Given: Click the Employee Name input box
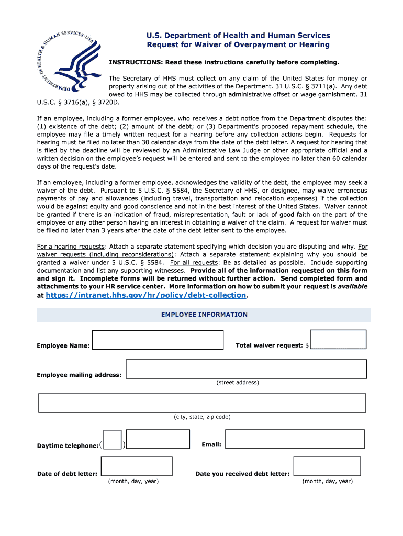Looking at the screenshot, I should (158, 340).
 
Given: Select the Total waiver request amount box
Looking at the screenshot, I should (338, 339).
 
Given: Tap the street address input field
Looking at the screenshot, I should (246, 368).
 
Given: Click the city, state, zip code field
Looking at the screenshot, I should (202, 403).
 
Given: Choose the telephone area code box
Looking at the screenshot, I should (113, 440).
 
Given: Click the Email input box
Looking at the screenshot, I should (295, 439).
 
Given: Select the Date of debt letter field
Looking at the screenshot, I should (137, 466).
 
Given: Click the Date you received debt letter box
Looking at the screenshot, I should (327, 466).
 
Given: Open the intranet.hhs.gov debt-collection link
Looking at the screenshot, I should (146, 295).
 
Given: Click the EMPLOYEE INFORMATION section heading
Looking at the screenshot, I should (204, 315).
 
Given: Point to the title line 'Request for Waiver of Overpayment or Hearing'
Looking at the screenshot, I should (238, 44).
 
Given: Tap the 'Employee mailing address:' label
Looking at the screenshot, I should (79, 375).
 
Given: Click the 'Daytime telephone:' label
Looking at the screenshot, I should (68, 445).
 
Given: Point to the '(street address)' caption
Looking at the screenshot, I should (238, 382).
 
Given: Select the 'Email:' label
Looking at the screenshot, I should (211, 444).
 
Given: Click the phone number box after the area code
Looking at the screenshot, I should (151, 440).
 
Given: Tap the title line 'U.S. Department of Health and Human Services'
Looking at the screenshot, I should (238, 35).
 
